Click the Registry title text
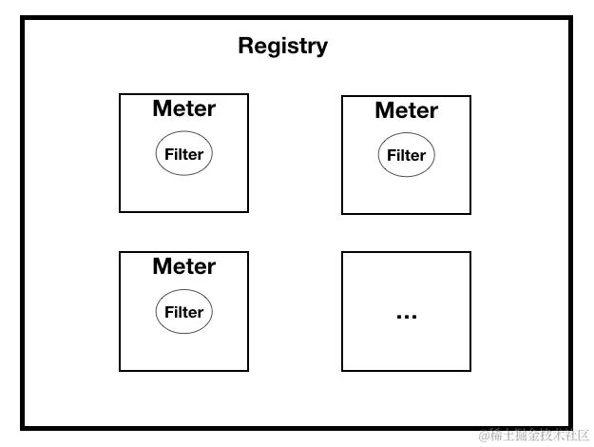[x=282, y=46]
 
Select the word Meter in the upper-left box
[x=183, y=108]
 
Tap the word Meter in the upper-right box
[x=406, y=110]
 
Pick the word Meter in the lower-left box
[x=183, y=266]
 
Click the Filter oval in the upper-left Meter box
[x=183, y=154]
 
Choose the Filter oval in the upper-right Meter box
[x=406, y=155]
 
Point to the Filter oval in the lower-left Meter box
[x=183, y=312]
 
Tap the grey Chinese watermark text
[x=534, y=436]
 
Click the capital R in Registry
[x=245, y=46]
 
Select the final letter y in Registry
[x=322, y=49]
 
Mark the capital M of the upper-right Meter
[x=384, y=110]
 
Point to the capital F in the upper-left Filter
[x=168, y=154]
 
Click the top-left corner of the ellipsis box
[x=342, y=252]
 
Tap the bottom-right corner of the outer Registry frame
[x=570, y=427]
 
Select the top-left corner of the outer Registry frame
[x=24, y=17]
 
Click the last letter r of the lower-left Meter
[x=211, y=268]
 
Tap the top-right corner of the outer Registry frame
[x=570, y=17]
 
